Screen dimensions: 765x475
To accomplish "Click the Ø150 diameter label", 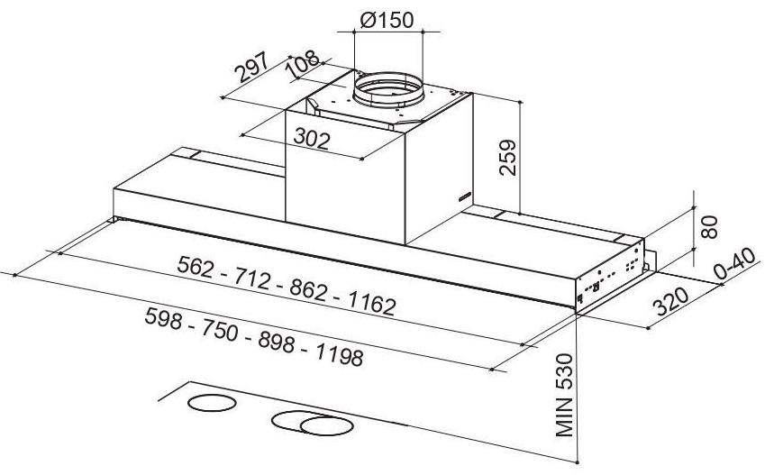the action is point(387,21).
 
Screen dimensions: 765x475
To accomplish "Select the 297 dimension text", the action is point(252,67).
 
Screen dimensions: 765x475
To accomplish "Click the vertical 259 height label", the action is point(508,157).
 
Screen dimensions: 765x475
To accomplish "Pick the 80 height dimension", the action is point(710,226).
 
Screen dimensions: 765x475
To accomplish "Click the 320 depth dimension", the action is point(670,302).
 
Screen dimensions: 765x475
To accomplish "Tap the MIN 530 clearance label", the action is point(564,396).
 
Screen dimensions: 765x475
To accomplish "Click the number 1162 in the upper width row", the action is point(371,304).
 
